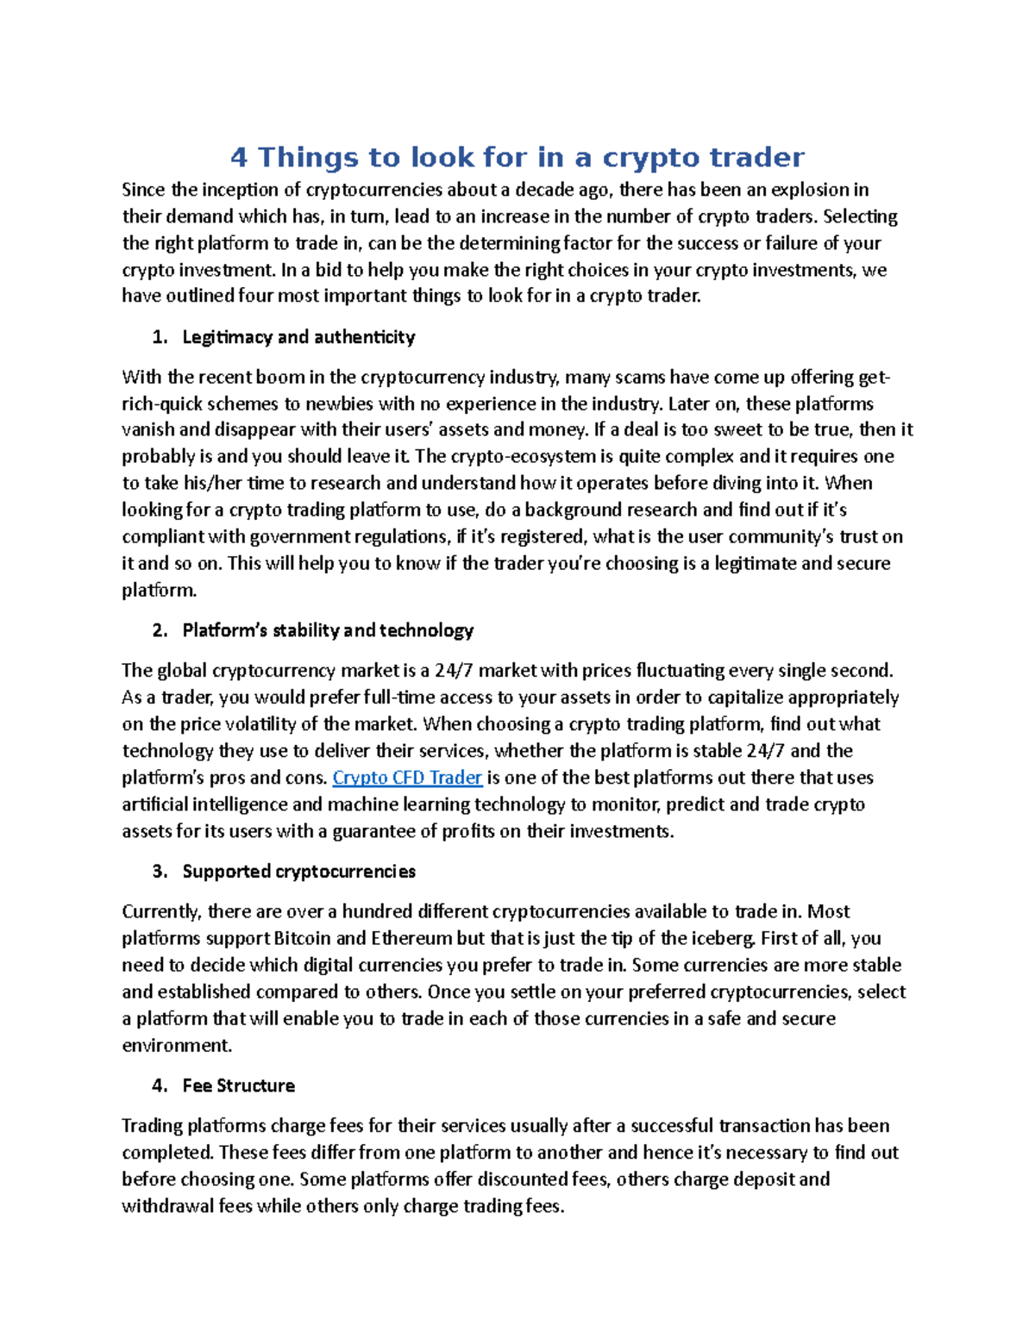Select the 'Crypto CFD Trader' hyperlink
pyautogui.click(x=407, y=778)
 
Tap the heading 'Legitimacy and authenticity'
pyautogui.click(x=298, y=337)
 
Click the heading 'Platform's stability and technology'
pyautogui.click(x=328, y=630)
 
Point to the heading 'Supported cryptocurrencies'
pyautogui.click(x=298, y=872)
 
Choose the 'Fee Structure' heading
pyautogui.click(x=238, y=1086)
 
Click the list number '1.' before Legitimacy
pyautogui.click(x=160, y=337)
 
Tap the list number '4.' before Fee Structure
pyautogui.click(x=160, y=1086)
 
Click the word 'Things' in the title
pyautogui.click(x=308, y=158)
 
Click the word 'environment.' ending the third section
pyautogui.click(x=177, y=1046)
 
